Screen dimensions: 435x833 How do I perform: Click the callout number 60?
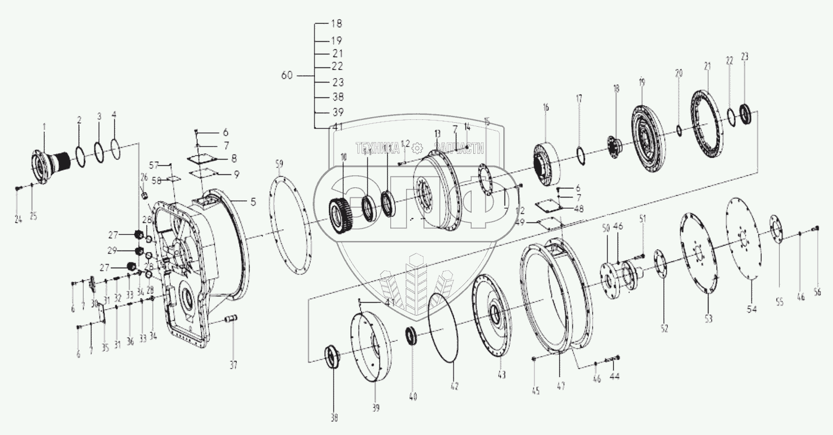(x=287, y=75)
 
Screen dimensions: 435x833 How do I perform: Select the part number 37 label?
(x=233, y=365)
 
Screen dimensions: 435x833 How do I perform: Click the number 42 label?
(x=454, y=387)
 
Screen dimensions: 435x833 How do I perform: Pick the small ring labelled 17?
(x=580, y=152)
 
